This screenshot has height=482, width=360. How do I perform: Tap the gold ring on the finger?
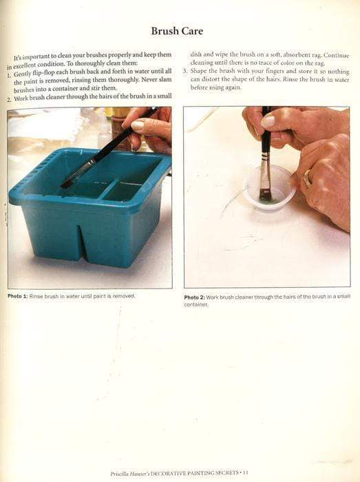(307, 178)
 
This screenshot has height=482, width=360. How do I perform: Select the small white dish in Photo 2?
(269, 187)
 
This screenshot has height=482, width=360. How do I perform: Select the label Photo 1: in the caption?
(18, 295)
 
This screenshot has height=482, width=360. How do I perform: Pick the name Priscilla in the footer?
(120, 473)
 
